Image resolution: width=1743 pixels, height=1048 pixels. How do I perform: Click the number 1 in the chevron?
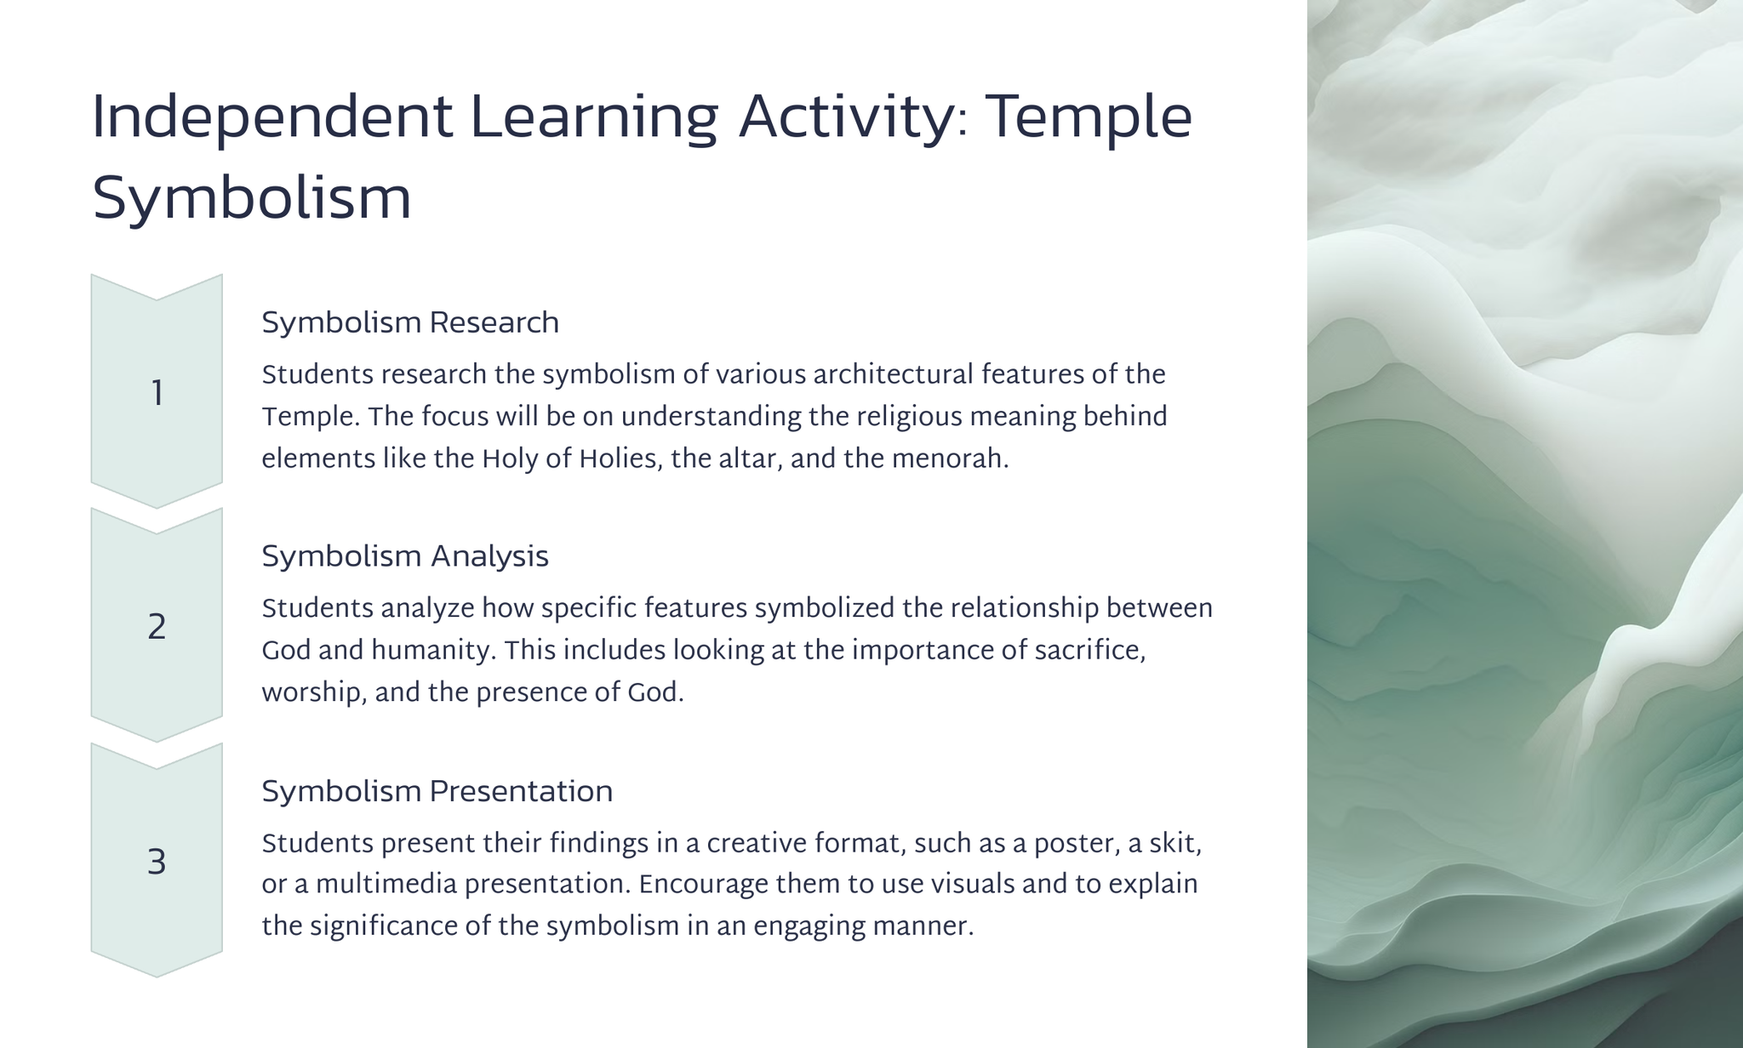point(157,394)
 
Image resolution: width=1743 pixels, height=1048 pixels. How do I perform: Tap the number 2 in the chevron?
point(157,628)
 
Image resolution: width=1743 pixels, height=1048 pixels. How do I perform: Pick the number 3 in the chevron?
point(157,863)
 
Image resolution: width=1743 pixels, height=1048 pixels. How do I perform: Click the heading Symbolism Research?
point(410,323)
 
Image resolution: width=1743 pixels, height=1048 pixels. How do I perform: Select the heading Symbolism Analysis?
point(405,557)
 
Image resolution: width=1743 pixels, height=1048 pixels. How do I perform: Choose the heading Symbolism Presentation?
point(437,792)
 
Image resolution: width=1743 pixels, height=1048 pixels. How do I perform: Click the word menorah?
point(951,458)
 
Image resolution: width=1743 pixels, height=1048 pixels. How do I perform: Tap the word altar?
point(750,458)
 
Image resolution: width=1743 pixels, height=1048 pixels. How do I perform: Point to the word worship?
point(314,693)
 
